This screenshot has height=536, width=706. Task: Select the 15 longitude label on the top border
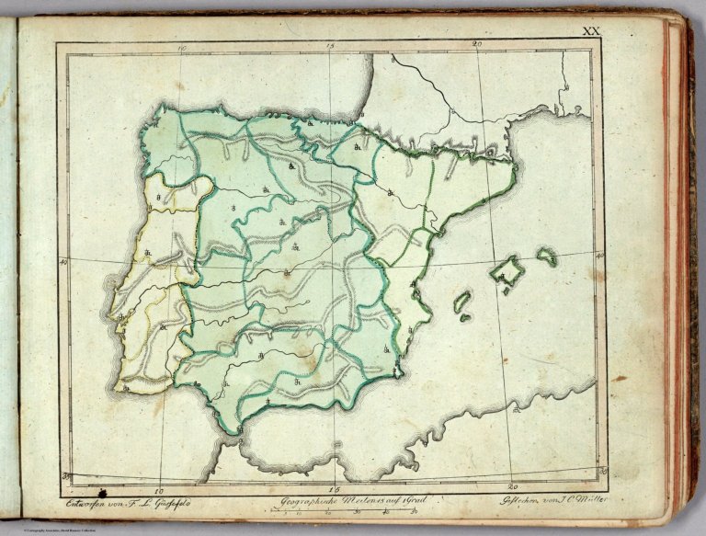[329, 44]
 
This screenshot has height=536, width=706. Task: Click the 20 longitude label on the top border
[477, 44]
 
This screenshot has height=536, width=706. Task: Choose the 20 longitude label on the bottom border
[513, 488]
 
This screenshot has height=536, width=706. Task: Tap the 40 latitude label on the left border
[63, 263]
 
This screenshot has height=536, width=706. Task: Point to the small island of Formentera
[465, 318]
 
